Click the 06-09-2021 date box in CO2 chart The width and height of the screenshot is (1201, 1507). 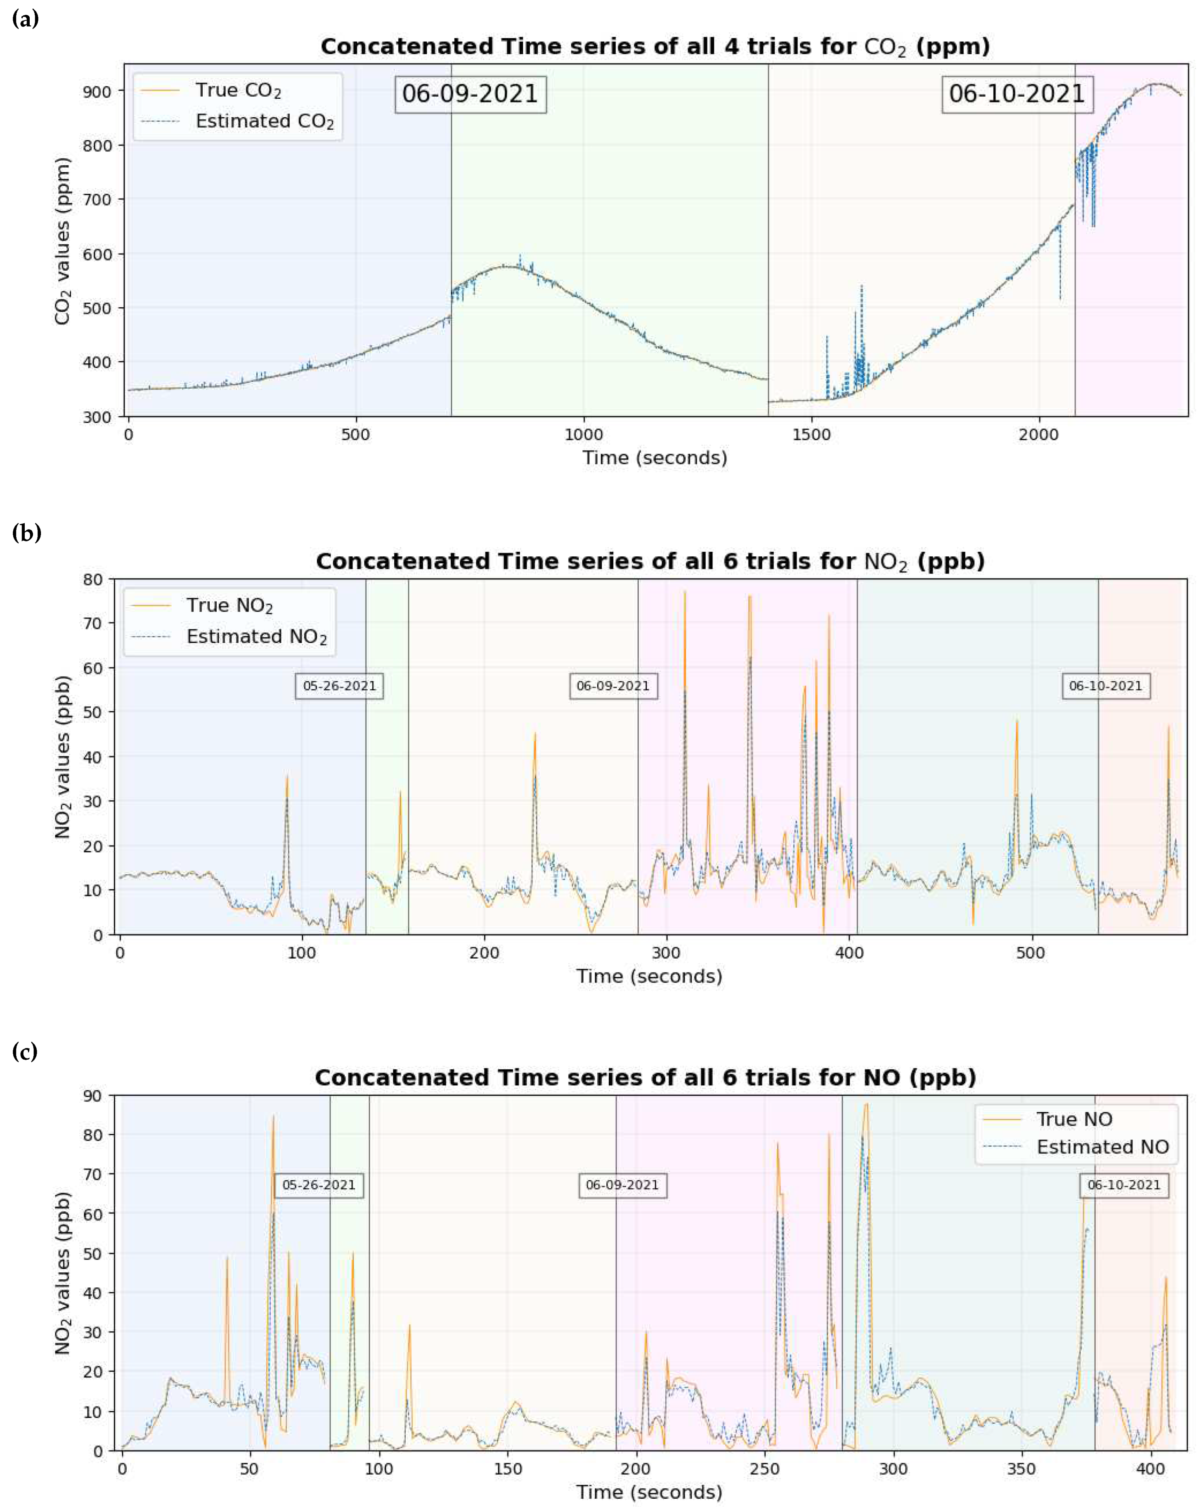point(470,94)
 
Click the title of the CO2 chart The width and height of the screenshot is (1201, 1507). point(655,47)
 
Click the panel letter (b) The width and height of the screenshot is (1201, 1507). point(26,533)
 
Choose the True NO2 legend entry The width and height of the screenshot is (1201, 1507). point(229,605)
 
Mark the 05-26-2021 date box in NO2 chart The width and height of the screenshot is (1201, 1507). point(339,686)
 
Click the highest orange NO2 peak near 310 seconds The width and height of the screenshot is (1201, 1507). point(685,593)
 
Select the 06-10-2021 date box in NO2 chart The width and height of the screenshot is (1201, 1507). point(1105,686)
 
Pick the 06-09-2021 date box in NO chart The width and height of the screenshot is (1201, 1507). point(622,1185)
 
